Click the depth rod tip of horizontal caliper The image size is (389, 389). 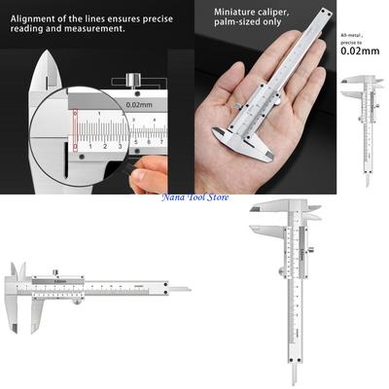pyautogui.click(x=187, y=289)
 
